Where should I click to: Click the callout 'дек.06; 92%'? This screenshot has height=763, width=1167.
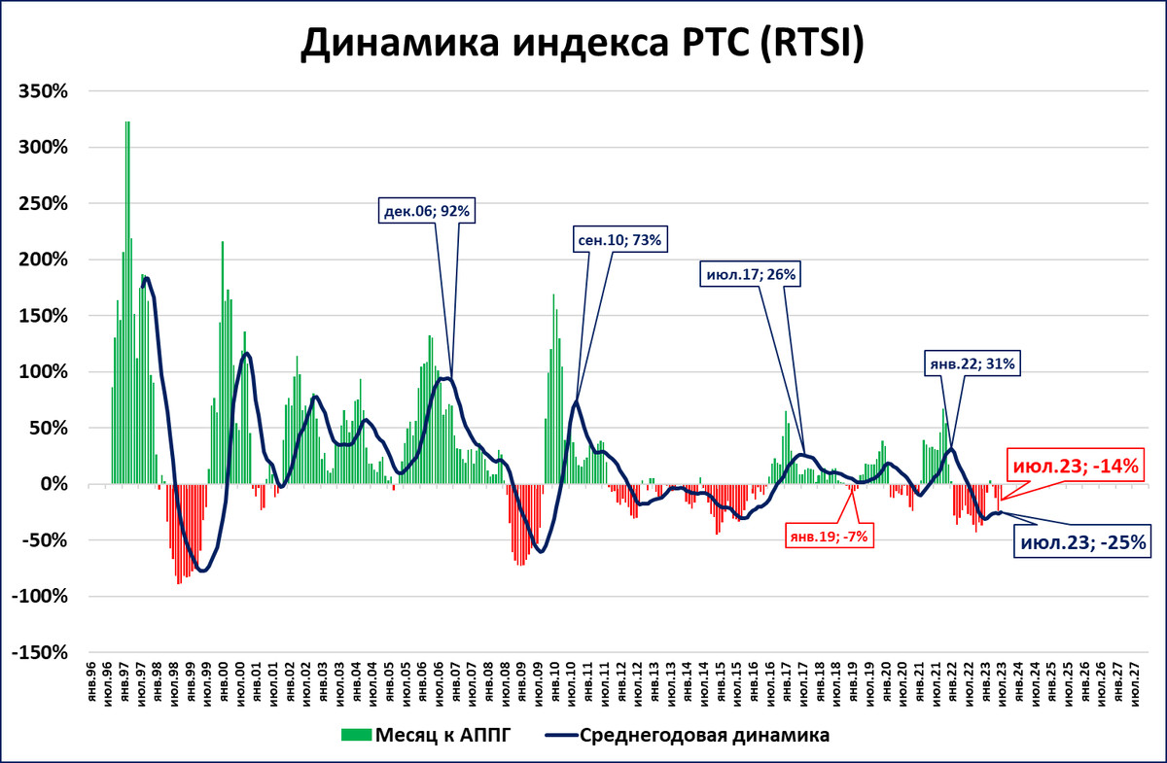pyautogui.click(x=427, y=210)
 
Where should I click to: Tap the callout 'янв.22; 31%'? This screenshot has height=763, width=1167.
pyautogui.click(x=970, y=364)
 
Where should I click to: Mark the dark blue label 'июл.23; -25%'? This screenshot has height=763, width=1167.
pyautogui.click(x=1083, y=541)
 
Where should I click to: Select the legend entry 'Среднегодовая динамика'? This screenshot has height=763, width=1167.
pyautogui.click(x=703, y=735)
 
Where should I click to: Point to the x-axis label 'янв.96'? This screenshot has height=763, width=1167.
pyautogui.click(x=91, y=684)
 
